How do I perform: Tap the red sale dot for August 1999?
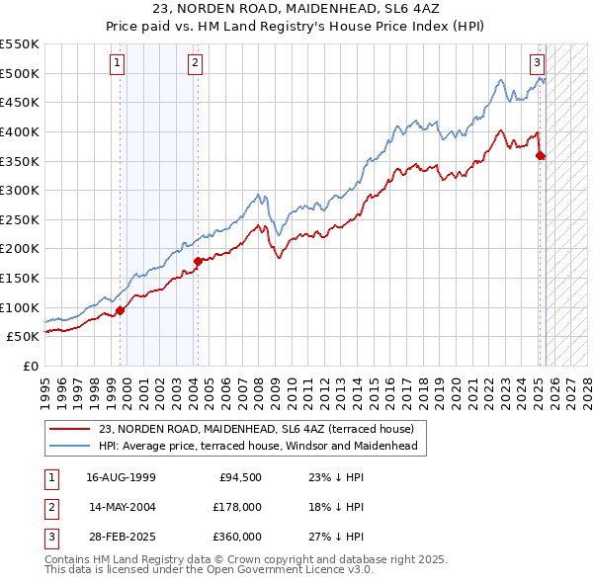tap(121, 310)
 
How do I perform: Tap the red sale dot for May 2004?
tap(198, 261)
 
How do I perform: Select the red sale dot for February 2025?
tap(540, 154)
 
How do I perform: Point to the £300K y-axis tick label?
tap(20, 190)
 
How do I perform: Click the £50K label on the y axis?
tap(24, 337)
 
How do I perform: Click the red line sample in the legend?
tap(70, 429)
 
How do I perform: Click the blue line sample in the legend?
tap(70, 446)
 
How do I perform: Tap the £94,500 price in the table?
tap(240, 476)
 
